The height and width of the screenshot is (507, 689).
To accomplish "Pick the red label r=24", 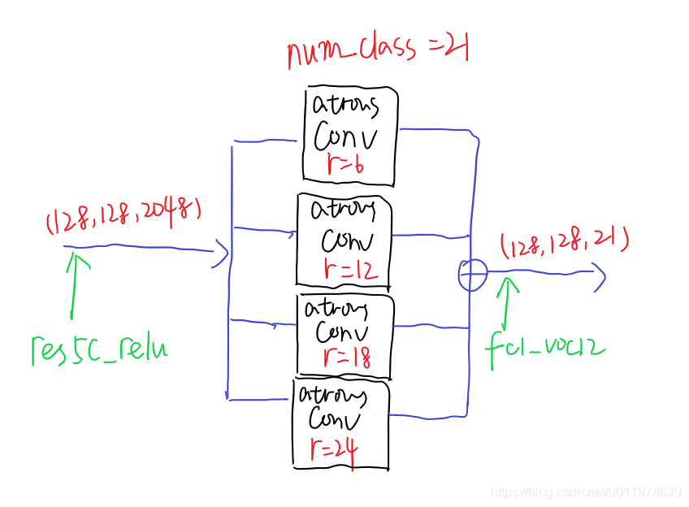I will click(x=333, y=449).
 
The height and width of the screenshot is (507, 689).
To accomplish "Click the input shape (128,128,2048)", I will click(x=123, y=218).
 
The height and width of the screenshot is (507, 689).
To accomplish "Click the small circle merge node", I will click(x=473, y=274).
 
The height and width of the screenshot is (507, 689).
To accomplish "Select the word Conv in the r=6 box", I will click(x=346, y=137).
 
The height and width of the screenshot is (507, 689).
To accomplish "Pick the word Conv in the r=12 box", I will click(x=347, y=241).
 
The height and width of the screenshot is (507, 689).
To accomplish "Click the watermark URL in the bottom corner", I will click(x=587, y=492).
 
